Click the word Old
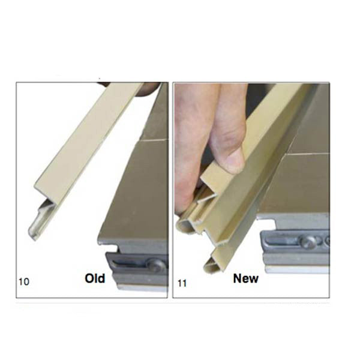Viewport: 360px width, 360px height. point(95,278)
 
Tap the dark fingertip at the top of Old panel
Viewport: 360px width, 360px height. point(146,88)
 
